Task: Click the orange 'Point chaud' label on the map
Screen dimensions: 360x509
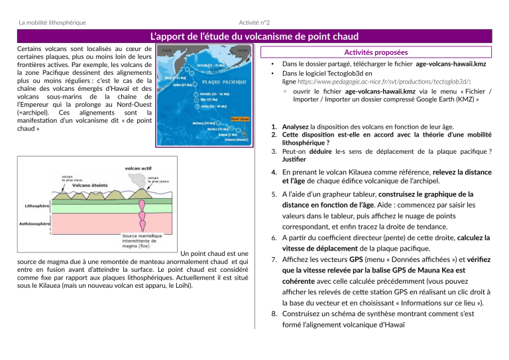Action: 239,120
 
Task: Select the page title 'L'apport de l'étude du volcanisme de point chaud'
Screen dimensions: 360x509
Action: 254,36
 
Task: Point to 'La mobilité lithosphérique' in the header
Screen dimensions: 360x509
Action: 52,23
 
